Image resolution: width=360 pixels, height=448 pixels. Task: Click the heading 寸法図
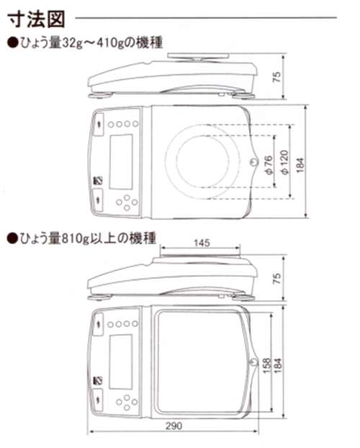[x=36, y=19]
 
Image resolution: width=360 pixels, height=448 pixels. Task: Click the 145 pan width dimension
[x=202, y=243]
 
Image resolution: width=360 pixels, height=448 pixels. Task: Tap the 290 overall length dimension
[x=174, y=426]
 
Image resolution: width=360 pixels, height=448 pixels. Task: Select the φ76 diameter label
[x=269, y=164]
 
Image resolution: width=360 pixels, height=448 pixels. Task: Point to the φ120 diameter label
[x=284, y=162]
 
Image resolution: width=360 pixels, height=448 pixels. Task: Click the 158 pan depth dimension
[x=266, y=365]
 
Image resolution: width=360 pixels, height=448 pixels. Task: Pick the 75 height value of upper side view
[x=277, y=77]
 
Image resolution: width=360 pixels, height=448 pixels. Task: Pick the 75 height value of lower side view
[x=277, y=278]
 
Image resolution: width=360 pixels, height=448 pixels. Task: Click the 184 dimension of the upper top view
[x=300, y=165]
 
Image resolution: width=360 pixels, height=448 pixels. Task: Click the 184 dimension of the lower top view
[x=278, y=365]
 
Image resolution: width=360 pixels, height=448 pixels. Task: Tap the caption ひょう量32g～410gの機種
[x=85, y=43]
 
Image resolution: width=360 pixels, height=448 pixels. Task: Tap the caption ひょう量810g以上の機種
[x=81, y=238]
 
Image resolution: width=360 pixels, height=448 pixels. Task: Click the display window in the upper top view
[x=121, y=161]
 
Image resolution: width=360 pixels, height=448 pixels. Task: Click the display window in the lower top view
[x=121, y=362]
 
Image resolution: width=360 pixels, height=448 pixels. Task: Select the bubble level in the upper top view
[x=253, y=162]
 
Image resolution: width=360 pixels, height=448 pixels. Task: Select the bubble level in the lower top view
[x=253, y=362]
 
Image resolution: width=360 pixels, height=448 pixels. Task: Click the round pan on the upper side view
[x=198, y=55]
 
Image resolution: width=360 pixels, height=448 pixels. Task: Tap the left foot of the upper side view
[x=101, y=95]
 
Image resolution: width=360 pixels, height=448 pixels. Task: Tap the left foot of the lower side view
[x=99, y=297]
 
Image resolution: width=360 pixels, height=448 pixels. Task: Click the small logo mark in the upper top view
[x=98, y=181]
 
